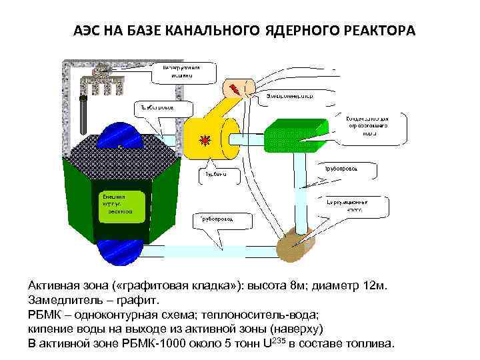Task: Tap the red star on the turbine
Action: click(x=205, y=139)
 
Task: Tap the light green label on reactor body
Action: click(x=121, y=205)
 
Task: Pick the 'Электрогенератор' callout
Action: click(x=290, y=95)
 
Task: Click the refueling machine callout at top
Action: click(x=177, y=72)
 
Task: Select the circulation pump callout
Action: click(x=354, y=203)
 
